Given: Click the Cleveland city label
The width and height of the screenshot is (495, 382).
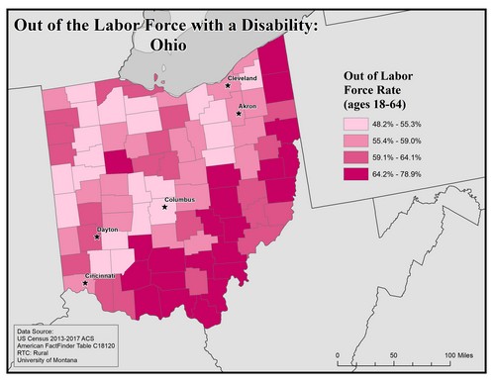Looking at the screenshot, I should tap(243, 77).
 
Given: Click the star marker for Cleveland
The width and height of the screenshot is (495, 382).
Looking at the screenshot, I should tap(228, 85).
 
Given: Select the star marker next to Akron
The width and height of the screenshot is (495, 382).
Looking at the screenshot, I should tap(239, 114).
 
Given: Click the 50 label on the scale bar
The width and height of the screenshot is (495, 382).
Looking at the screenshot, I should tap(394, 354).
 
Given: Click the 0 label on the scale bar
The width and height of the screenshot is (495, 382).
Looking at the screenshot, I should tap(339, 354).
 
